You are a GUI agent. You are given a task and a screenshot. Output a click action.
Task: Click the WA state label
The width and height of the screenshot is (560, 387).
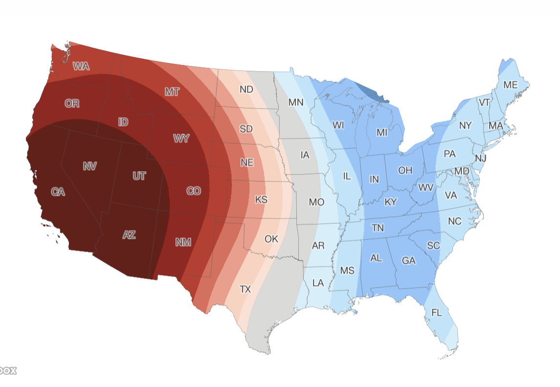(81, 66)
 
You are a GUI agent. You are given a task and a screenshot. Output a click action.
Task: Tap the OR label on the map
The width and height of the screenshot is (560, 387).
(72, 104)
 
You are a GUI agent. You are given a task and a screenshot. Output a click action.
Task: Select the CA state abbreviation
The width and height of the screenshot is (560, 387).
(58, 192)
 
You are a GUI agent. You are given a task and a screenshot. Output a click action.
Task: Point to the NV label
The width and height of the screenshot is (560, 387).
(89, 167)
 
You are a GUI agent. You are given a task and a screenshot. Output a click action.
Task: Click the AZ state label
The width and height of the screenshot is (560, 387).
(129, 235)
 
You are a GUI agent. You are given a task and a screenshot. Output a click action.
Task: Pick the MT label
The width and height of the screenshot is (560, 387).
(172, 92)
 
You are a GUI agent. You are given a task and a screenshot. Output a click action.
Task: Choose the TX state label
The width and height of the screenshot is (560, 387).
(245, 289)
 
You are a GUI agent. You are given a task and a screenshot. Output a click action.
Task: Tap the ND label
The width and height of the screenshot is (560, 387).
(247, 89)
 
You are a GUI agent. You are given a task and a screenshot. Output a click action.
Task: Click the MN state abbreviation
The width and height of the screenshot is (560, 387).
(296, 103)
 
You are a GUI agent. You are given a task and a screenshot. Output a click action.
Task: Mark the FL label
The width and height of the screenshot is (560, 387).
(436, 312)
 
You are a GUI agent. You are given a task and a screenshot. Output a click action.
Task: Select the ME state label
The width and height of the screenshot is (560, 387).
(510, 85)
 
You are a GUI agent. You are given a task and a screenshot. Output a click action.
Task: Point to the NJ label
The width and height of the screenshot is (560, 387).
(480, 158)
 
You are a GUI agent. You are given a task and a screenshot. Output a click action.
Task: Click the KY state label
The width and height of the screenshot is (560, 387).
(391, 202)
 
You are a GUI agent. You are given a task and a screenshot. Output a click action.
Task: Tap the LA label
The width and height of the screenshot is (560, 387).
(318, 282)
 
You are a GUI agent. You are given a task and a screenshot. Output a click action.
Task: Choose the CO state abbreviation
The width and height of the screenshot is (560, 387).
(194, 191)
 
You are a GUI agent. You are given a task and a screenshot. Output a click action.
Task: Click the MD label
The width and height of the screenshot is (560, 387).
(462, 172)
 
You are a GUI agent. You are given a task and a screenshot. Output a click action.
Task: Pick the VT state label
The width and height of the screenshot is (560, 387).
(484, 103)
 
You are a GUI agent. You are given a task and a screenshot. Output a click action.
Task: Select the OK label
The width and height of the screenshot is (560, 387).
(271, 239)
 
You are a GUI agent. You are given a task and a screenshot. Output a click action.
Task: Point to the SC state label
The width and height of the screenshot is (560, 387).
(433, 246)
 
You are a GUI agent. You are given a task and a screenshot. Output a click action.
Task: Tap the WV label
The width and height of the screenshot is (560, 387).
(426, 188)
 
